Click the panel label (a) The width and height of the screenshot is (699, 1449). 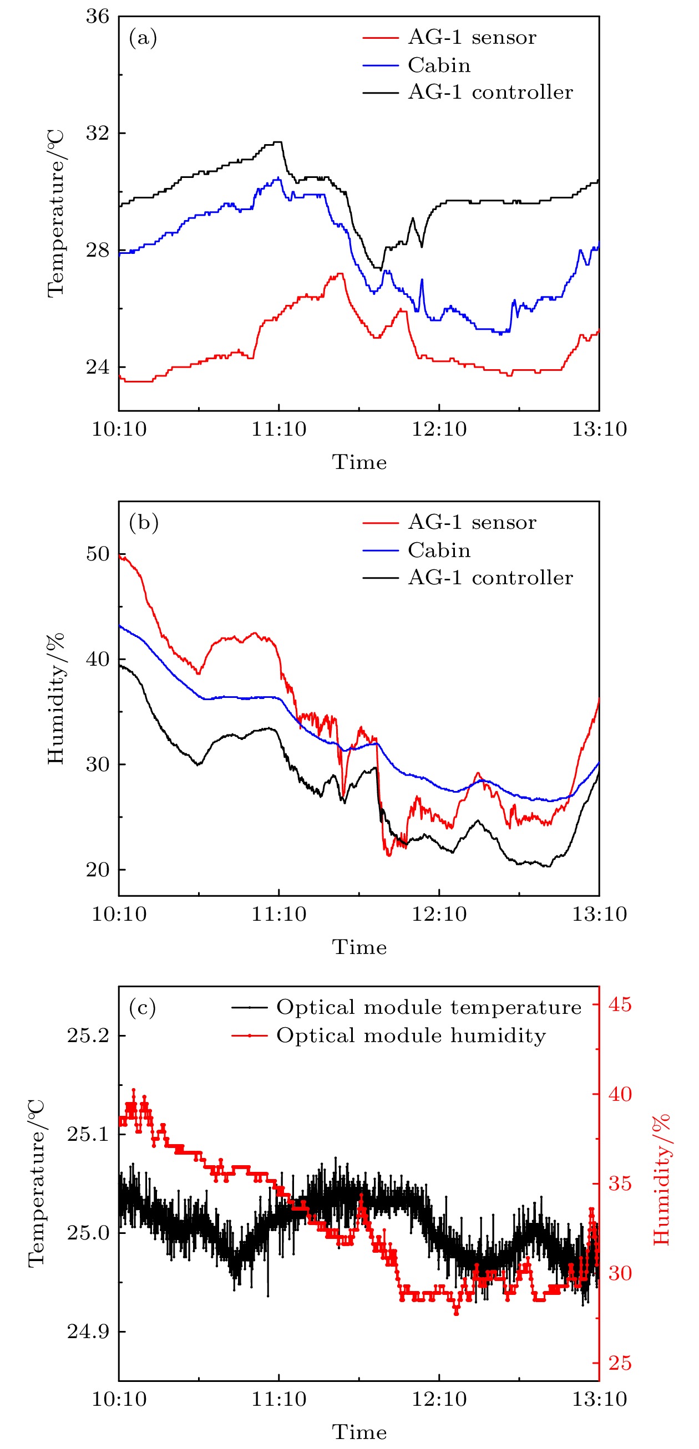(143, 38)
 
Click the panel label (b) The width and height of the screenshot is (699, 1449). (144, 523)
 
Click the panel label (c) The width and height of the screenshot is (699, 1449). (143, 1007)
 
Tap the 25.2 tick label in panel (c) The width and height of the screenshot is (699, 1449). (88, 1035)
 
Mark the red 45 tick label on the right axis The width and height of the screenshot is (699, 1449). (620, 1004)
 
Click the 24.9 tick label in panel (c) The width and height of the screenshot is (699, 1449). (88, 1331)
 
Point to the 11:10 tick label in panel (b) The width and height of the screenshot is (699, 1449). (278, 914)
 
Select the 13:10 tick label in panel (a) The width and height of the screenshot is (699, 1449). (599, 429)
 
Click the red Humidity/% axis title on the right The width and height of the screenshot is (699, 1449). (662, 1180)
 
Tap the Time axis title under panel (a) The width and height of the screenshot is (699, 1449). (359, 462)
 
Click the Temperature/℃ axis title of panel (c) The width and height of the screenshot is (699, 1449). (37, 1183)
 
